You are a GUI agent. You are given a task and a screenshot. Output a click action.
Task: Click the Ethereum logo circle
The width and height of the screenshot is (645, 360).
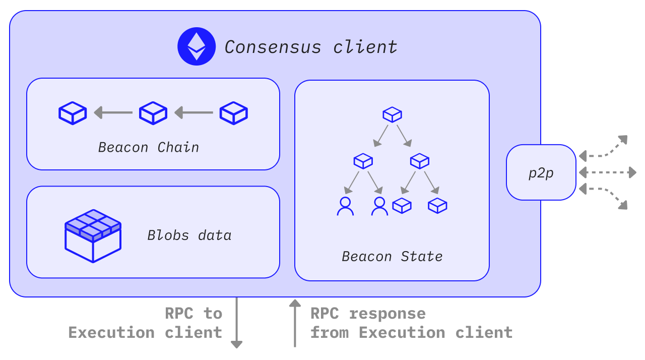[x=197, y=46]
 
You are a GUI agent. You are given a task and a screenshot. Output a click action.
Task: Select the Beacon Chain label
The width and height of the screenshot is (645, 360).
[x=149, y=147]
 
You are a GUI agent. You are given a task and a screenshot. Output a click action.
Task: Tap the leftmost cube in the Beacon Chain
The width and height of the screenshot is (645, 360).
[x=73, y=113]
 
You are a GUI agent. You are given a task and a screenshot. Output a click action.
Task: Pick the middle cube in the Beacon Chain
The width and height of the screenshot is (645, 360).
[x=153, y=113]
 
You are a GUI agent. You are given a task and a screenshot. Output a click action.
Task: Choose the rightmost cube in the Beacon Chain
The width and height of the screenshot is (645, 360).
[x=233, y=113]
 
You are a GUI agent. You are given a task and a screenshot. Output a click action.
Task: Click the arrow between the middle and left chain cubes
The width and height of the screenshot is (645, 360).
[x=113, y=112]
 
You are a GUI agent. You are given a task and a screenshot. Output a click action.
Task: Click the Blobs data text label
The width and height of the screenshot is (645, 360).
[x=189, y=235]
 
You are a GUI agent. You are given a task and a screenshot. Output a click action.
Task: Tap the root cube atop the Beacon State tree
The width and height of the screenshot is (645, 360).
[x=392, y=114]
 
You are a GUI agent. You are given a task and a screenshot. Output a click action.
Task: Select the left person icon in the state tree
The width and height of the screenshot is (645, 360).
[x=345, y=206]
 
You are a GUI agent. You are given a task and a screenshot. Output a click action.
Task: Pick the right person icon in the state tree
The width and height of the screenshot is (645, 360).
[x=379, y=206]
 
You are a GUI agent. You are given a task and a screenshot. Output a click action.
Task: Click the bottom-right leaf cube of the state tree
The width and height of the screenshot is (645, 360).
[x=437, y=205]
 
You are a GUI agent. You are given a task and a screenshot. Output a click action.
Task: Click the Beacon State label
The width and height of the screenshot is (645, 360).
[x=392, y=256]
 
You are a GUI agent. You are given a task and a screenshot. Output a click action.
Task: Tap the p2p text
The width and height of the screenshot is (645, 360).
[x=541, y=173]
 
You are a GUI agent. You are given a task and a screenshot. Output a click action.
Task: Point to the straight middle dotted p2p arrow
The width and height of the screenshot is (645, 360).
[x=607, y=172]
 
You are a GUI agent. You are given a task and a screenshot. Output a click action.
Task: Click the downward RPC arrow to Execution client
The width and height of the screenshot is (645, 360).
[x=236, y=323]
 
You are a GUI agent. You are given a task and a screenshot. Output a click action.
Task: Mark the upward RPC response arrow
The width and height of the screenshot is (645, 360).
[x=295, y=323]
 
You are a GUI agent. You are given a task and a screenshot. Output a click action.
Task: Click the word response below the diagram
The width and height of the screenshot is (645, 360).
[x=387, y=314]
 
